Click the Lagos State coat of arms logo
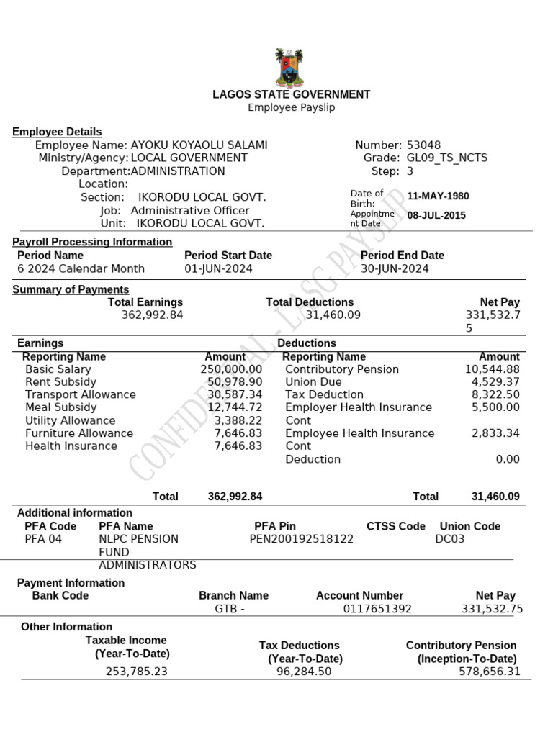pos(290,68)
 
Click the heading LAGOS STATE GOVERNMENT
pos(291,94)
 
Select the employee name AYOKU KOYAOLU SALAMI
pos(199,145)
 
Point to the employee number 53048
pos(423,145)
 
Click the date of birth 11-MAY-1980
pos(438,196)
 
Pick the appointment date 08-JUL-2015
pos(436,215)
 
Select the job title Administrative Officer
pos(190,210)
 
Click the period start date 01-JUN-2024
pos(218,268)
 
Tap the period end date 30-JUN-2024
pos(395,268)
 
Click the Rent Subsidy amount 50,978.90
pos(235,381)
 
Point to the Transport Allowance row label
pos(80,394)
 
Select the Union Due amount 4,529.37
pos(495,381)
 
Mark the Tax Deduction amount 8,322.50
pos(495,394)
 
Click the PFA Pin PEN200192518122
pos(302,538)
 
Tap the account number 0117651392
pos(377,609)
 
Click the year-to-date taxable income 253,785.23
pos(136,672)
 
